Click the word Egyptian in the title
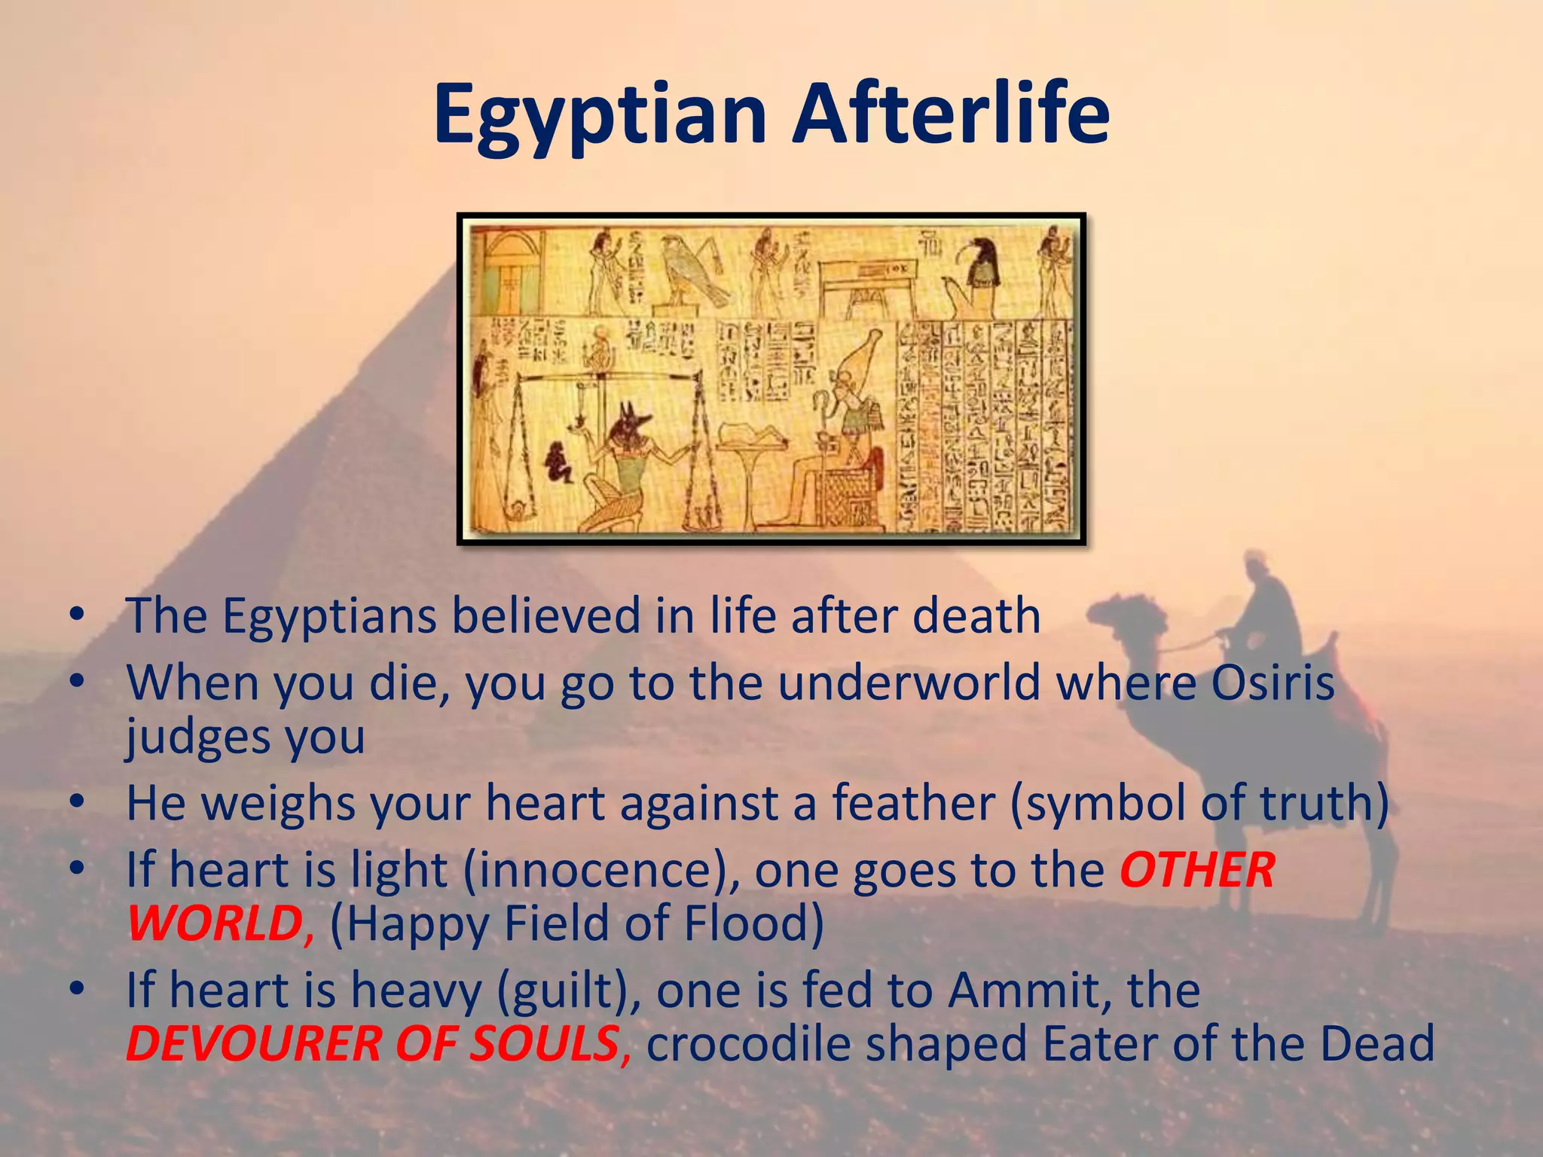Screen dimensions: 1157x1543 [600, 114]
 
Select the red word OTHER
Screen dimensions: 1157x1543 [1198, 870]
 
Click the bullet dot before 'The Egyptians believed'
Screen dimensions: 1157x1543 [75, 615]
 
